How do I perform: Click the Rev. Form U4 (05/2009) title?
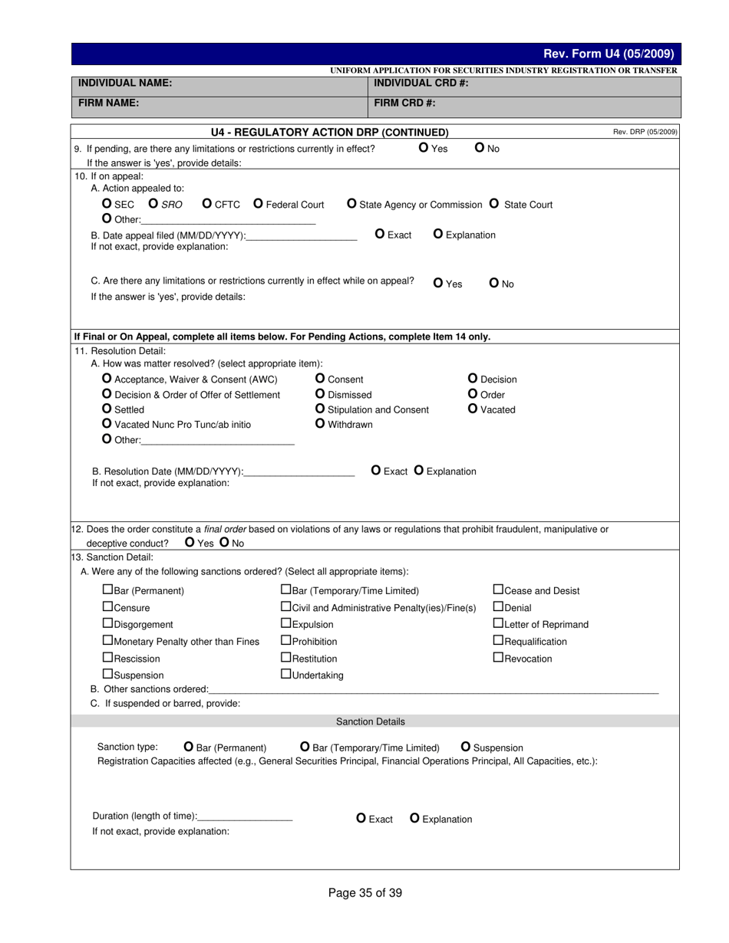tap(608, 54)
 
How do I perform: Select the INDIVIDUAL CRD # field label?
tap(421, 83)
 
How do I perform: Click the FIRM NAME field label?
tap(108, 103)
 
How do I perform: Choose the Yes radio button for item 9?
tap(424, 148)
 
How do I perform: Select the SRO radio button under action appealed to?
tap(153, 204)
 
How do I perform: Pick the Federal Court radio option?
tap(258, 204)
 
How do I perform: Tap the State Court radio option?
tap(494, 204)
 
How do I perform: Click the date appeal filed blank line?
tap(302, 236)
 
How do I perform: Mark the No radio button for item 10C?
tap(494, 283)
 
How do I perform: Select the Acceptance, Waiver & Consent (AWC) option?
tap(107, 379)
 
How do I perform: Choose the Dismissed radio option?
tap(320, 394)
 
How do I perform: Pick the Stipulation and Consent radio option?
tap(320, 409)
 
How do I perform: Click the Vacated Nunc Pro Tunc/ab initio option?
tap(107, 424)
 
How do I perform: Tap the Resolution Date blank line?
tap(300, 472)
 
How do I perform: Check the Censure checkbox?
tap(107, 607)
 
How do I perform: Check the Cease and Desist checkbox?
tap(498, 590)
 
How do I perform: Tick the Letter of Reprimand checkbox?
tap(498, 624)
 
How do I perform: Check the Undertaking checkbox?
tap(286, 675)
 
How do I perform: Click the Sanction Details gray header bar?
tap(371, 721)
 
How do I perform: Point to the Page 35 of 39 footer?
tap(364, 892)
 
